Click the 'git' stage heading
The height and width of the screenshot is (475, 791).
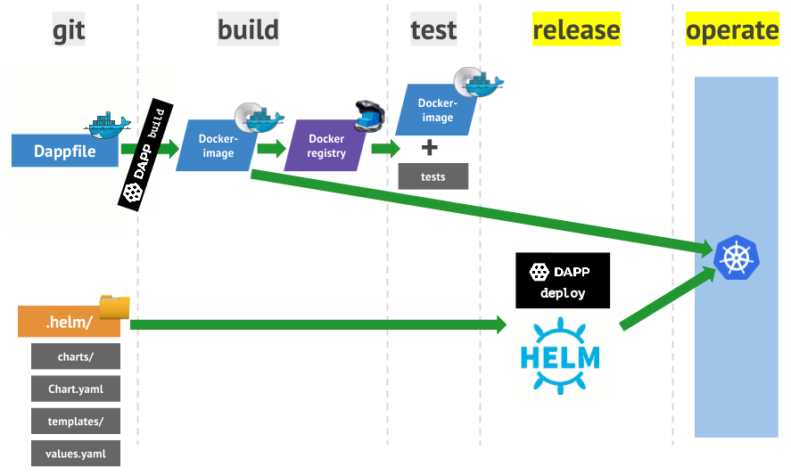coord(69,29)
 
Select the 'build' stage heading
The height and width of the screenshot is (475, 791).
coord(248,29)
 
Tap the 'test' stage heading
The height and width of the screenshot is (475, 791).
coord(433,29)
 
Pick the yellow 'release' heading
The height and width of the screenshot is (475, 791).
coord(576,29)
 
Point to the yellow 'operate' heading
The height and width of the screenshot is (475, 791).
coord(732,29)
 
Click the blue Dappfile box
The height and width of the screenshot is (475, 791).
coord(65,151)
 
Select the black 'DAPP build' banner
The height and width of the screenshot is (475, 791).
coord(145,155)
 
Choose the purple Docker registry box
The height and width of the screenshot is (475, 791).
coord(325,145)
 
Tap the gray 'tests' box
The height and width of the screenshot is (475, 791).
coord(433,176)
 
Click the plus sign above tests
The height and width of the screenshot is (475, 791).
coord(429,148)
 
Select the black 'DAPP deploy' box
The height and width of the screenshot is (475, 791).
coord(563,281)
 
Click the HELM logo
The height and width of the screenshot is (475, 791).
coord(560,356)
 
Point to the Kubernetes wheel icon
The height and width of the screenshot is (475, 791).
coord(737,258)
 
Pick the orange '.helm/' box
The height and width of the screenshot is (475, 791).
coord(69,321)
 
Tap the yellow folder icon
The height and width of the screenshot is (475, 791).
coord(114,307)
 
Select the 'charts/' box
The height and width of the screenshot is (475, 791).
coord(76,356)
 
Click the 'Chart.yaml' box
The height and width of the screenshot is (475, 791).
coord(76,389)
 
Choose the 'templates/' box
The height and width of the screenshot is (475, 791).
coord(76,421)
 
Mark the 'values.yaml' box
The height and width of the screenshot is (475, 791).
coord(76,454)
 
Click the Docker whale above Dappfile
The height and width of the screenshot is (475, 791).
coord(107,125)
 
